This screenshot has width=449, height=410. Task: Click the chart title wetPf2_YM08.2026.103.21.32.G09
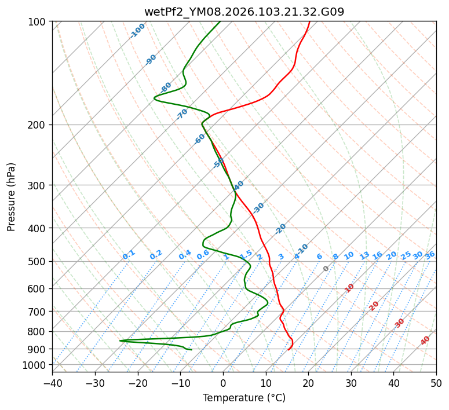click(244, 12)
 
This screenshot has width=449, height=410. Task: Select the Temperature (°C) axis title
click(244, 398)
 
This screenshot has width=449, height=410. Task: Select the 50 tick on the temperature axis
click(436, 383)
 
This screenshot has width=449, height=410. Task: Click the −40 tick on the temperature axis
click(52, 383)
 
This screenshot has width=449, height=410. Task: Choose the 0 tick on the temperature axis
click(223, 383)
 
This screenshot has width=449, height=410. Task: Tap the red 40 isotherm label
click(425, 341)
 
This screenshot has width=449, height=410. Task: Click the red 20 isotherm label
click(374, 305)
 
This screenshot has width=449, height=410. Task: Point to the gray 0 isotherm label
click(326, 269)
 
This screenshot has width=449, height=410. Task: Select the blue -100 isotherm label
click(138, 31)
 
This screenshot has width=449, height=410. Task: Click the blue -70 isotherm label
click(182, 114)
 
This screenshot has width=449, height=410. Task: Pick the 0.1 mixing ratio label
click(129, 254)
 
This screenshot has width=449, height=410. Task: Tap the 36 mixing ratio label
click(430, 255)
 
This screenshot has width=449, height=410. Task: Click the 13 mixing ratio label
click(364, 255)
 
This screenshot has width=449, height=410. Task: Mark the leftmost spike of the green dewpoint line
click(120, 341)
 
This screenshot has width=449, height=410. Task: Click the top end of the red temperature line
click(309, 22)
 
